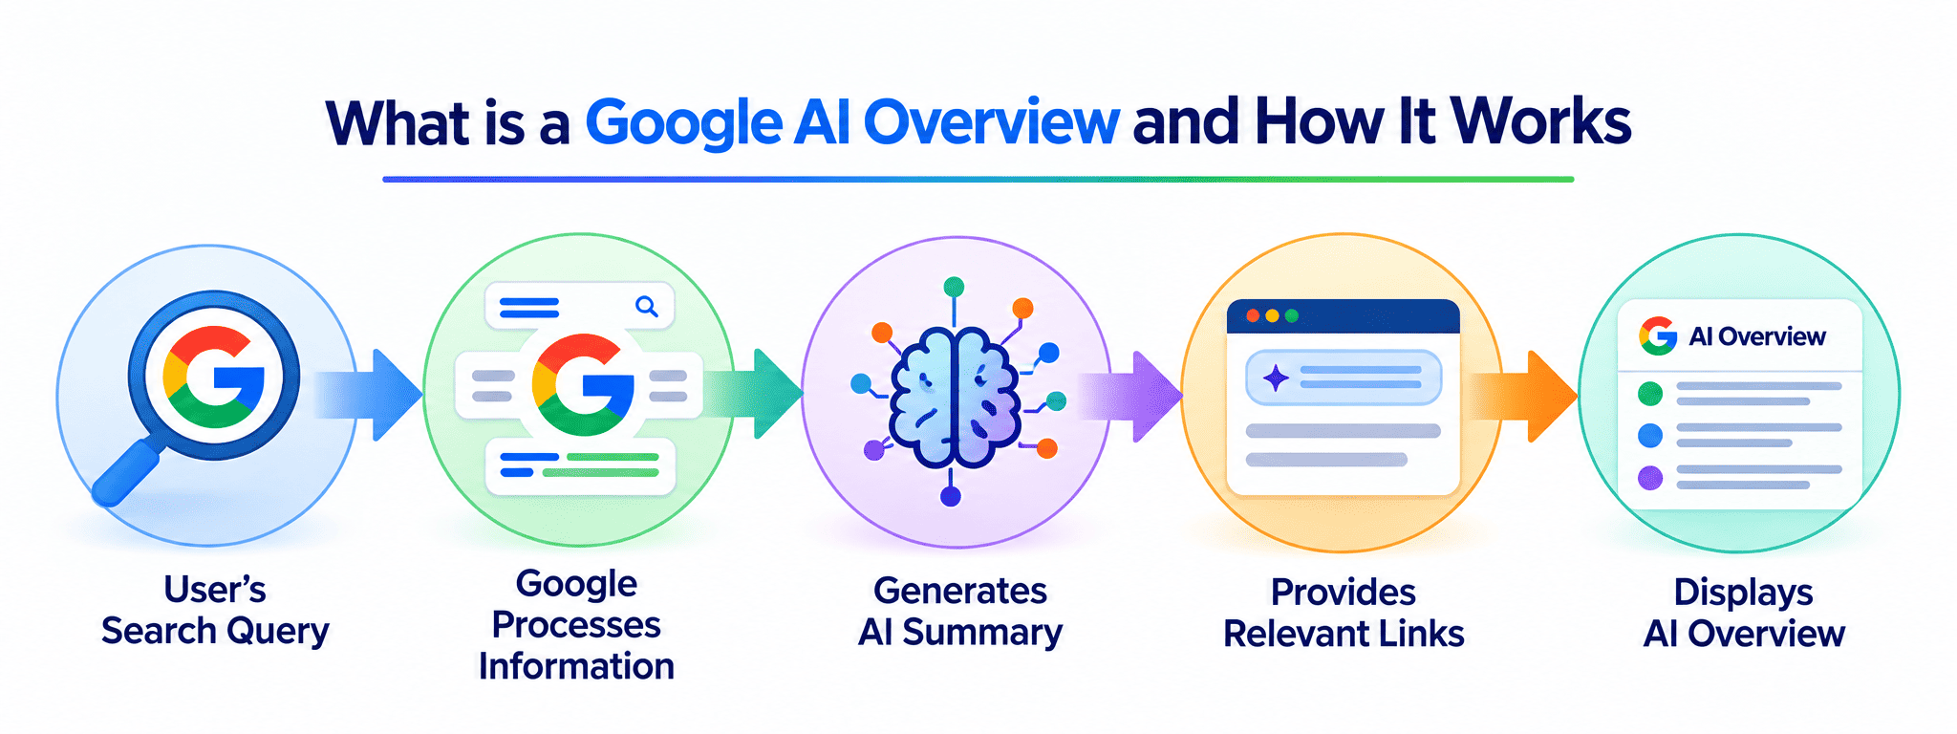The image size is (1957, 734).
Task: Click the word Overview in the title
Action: (991, 122)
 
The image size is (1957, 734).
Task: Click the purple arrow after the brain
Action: (1130, 396)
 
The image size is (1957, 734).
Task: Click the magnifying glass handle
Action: (126, 472)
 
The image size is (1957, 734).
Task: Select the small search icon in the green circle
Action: (647, 307)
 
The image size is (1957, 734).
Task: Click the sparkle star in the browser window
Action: (1276, 378)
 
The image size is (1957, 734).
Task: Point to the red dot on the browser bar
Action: (1253, 315)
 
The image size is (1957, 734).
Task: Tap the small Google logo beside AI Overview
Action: (1658, 336)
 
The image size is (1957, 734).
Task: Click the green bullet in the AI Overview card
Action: (1650, 393)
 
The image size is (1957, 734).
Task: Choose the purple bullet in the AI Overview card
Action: (1650, 478)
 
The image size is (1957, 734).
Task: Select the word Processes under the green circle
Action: (576, 625)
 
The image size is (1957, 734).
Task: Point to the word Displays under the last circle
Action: (1743, 594)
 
